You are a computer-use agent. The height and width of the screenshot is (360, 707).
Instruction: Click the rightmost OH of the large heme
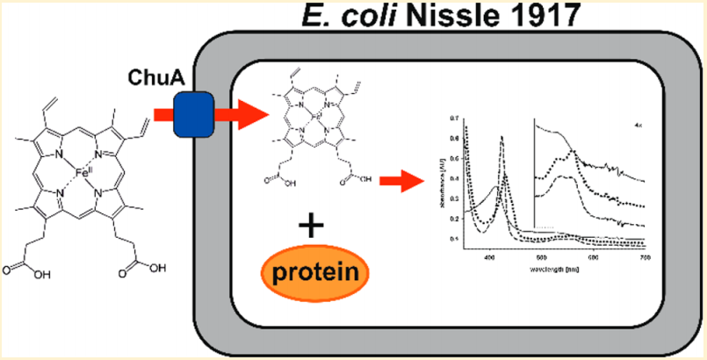157,266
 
